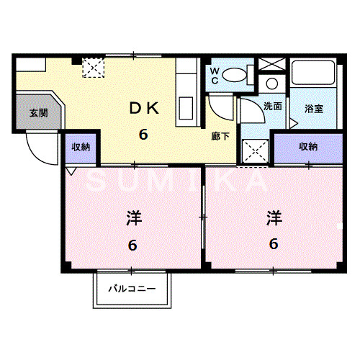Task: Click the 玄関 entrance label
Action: [x=38, y=113]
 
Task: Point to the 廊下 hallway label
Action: [x=220, y=135]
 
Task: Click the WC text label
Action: [x=214, y=75]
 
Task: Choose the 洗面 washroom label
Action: [x=273, y=107]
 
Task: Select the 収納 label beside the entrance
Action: [x=81, y=147]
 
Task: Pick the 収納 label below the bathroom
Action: [x=309, y=147]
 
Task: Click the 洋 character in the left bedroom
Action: [x=132, y=216]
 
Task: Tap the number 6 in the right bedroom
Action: [x=274, y=243]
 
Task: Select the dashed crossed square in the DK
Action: [x=94, y=68]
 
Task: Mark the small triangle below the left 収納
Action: [x=71, y=171]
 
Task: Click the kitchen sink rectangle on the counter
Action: [x=185, y=109]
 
